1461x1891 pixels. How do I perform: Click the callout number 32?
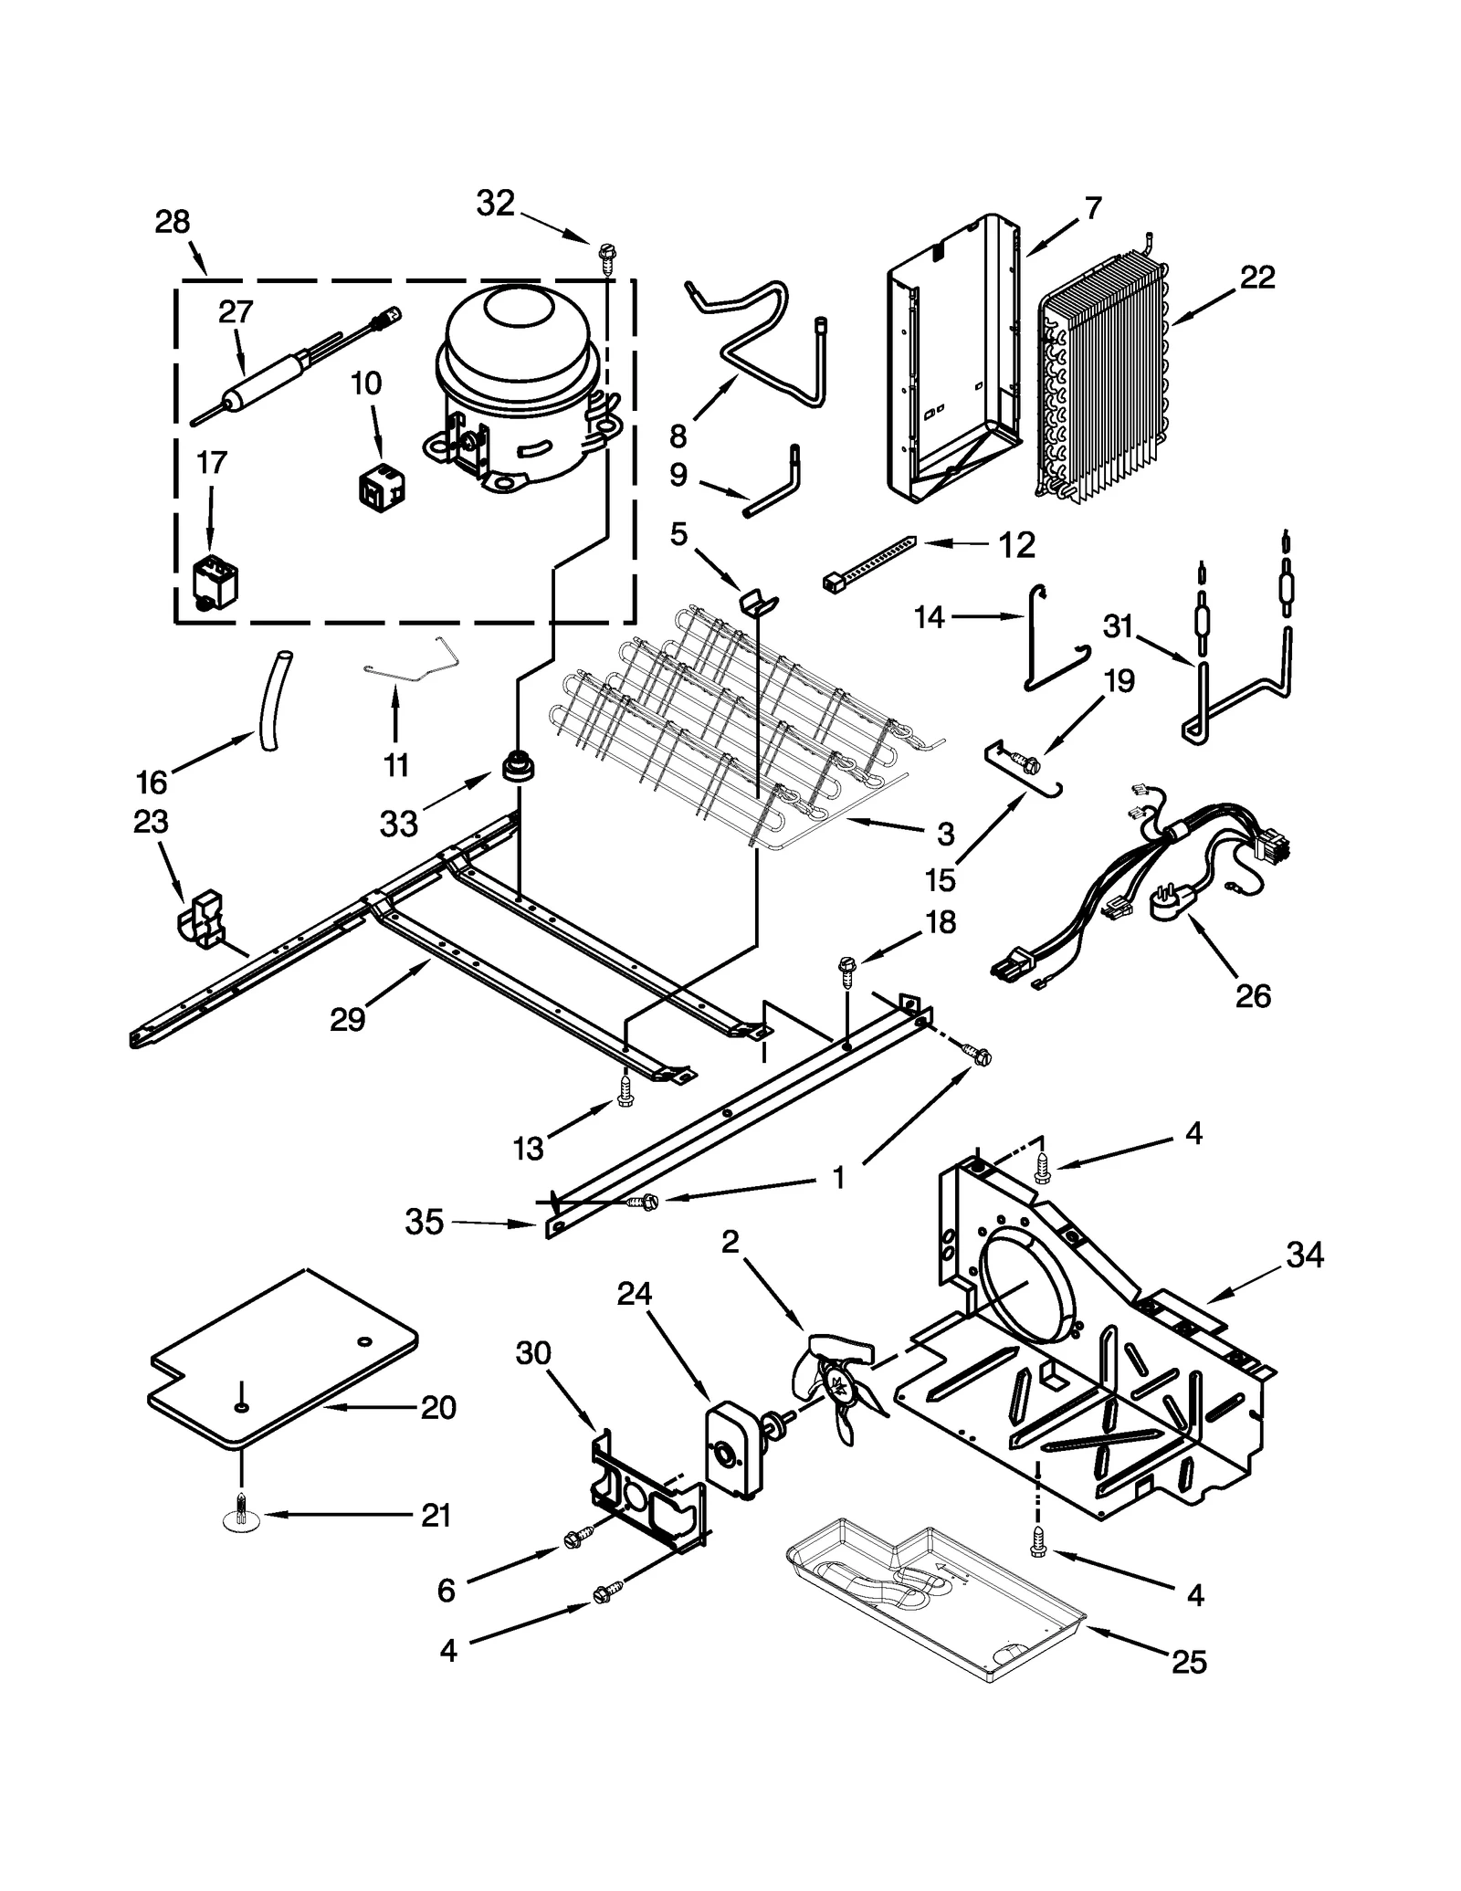coord(495,204)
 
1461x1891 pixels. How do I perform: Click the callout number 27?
coord(235,312)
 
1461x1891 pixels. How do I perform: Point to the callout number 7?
coord(1093,208)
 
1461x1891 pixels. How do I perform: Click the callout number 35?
coord(424,1222)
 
